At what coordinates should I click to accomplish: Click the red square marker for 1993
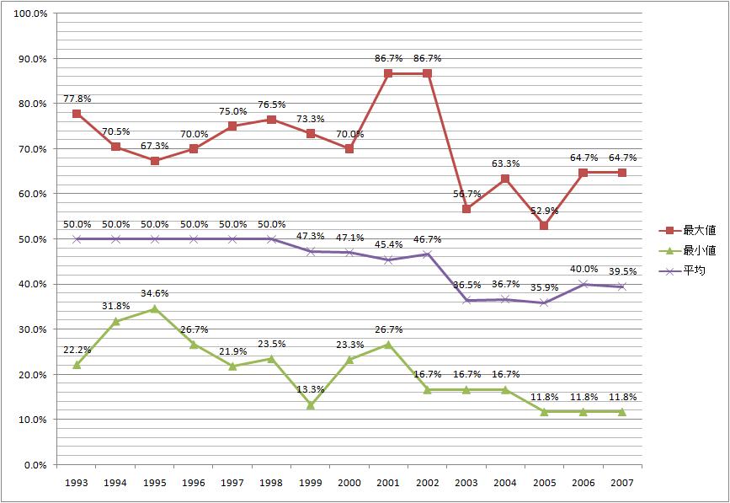[77, 114]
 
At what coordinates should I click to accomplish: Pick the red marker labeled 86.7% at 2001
[388, 74]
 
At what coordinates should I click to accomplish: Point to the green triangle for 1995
[154, 309]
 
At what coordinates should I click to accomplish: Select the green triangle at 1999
[311, 404]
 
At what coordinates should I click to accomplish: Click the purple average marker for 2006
[583, 284]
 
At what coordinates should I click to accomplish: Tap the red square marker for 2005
[544, 226]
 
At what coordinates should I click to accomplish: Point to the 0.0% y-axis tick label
[35, 465]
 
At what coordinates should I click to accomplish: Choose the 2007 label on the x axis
[621, 484]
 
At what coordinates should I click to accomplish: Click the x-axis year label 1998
[271, 484]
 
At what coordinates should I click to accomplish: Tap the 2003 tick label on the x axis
[466, 484]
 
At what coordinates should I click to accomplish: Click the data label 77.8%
[77, 99]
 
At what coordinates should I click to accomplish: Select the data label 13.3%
[311, 390]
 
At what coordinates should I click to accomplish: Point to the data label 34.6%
[154, 294]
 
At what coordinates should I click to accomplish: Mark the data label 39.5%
[621, 272]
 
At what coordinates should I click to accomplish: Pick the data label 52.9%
[544, 211]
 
